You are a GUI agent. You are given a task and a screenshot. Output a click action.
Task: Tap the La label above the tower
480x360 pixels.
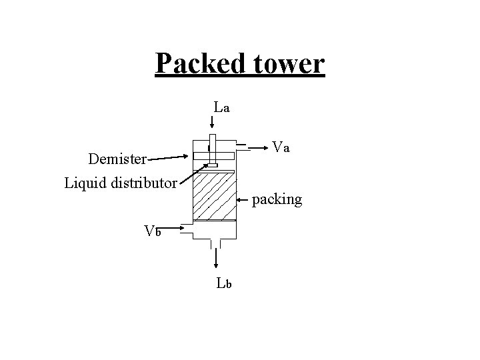pyautogui.click(x=221, y=106)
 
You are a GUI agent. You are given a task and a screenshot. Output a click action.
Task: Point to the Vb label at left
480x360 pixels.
pyautogui.click(x=153, y=231)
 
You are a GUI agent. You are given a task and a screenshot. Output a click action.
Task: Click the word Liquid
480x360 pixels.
pyautogui.click(x=86, y=182)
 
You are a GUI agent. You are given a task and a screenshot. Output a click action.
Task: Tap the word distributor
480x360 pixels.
pyautogui.click(x=144, y=182)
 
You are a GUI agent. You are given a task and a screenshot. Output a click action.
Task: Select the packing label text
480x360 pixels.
pyautogui.click(x=277, y=199)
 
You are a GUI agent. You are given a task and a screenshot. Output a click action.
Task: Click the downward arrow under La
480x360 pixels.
pyautogui.click(x=212, y=122)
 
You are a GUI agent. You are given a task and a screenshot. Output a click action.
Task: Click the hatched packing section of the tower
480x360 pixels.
pyautogui.click(x=214, y=197)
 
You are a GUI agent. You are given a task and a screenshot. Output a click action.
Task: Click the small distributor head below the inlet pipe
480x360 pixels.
pyautogui.click(x=213, y=165)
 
